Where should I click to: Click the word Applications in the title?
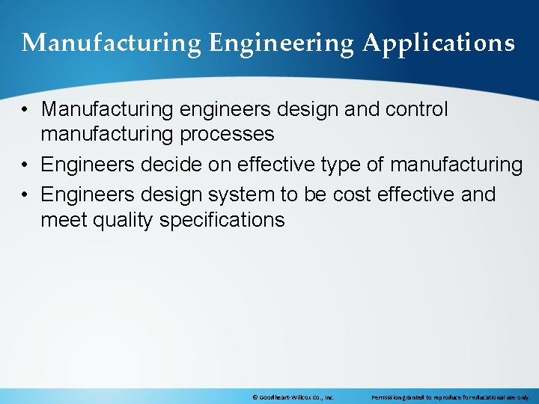pos(439,43)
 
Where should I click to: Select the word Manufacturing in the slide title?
pos(112,43)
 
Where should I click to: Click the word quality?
pos(122,219)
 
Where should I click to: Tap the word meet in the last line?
pos(62,219)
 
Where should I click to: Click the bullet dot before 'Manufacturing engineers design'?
pos(25,110)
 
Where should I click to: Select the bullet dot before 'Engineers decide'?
pos(25,165)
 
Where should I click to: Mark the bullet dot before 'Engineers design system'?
pos(25,195)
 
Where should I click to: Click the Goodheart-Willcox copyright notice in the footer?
pos(293,397)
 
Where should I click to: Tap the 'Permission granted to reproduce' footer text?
pos(450,397)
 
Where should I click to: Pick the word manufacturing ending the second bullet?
pos(457,164)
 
